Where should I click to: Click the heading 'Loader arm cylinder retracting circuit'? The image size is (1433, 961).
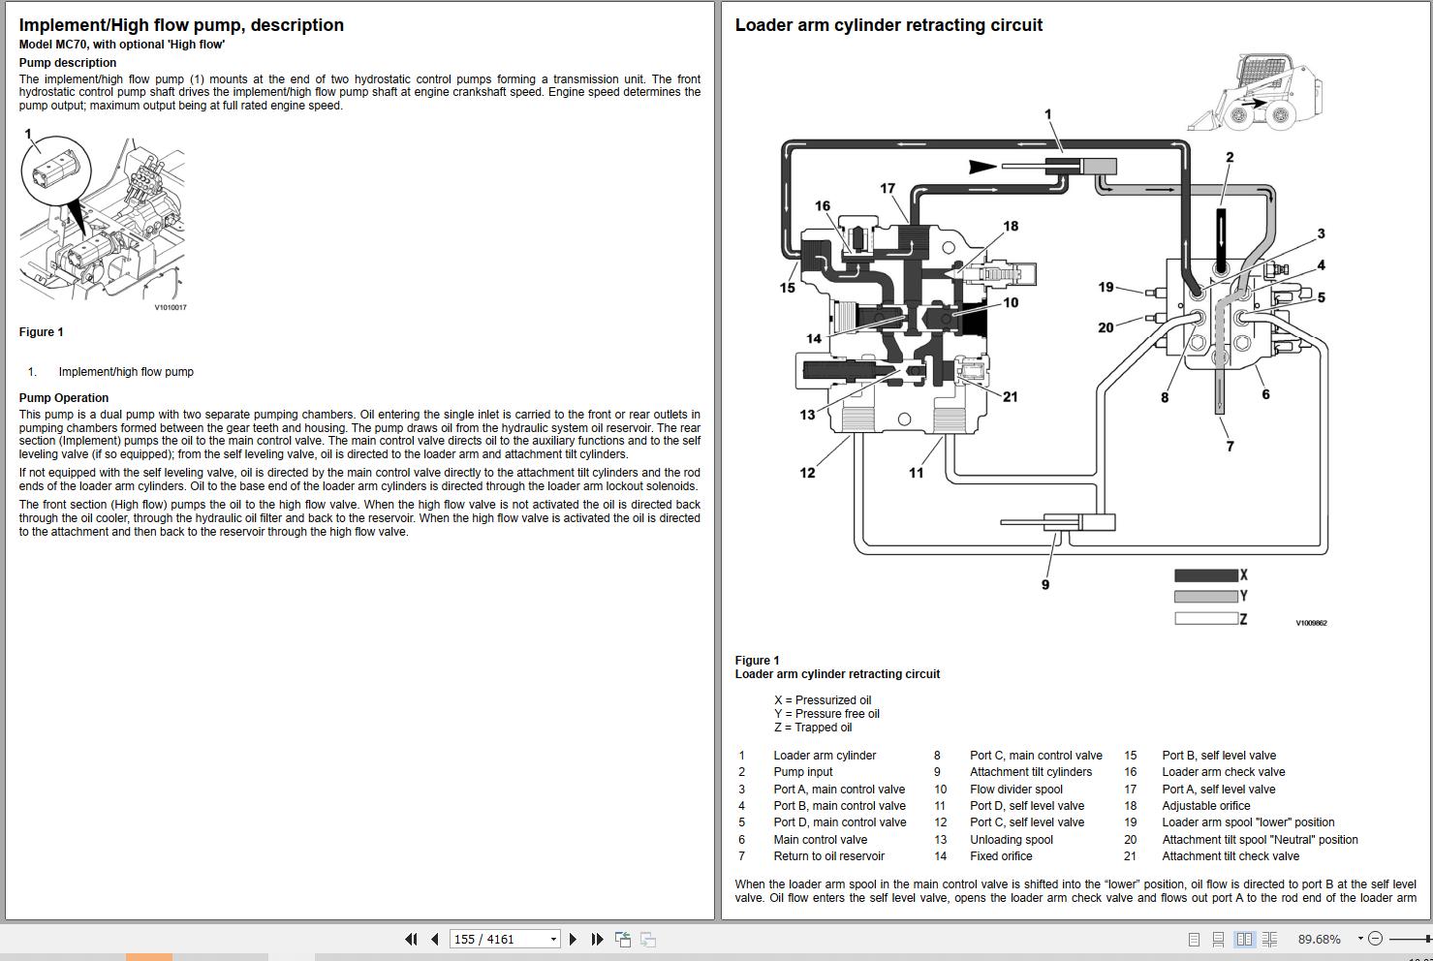tap(888, 25)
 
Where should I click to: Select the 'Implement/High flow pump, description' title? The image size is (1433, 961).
tap(181, 25)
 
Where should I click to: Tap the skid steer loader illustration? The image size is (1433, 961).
tap(1256, 94)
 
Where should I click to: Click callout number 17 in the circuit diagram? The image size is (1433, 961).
tap(888, 189)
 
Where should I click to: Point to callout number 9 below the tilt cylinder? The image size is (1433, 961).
tap(1045, 584)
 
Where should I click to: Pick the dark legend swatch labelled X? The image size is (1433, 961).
tap(1205, 575)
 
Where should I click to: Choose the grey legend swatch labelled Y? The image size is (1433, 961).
tap(1205, 597)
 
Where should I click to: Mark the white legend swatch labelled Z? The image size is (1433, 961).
tap(1205, 618)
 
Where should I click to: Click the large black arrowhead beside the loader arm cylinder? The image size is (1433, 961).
tap(982, 167)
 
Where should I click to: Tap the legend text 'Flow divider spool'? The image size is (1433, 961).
tap(1015, 790)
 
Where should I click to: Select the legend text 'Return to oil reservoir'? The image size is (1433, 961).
tap(828, 856)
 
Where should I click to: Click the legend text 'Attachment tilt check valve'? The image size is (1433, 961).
tap(1231, 856)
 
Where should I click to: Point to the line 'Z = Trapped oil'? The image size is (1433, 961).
tap(813, 728)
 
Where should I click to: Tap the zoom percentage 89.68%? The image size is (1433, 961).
tap(1319, 939)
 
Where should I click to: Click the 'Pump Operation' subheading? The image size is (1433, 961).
tap(64, 398)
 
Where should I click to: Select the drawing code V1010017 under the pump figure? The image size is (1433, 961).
tap(171, 308)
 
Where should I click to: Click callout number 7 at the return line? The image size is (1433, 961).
tap(1230, 447)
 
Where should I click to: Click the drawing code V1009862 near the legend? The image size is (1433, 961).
tap(1311, 623)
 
